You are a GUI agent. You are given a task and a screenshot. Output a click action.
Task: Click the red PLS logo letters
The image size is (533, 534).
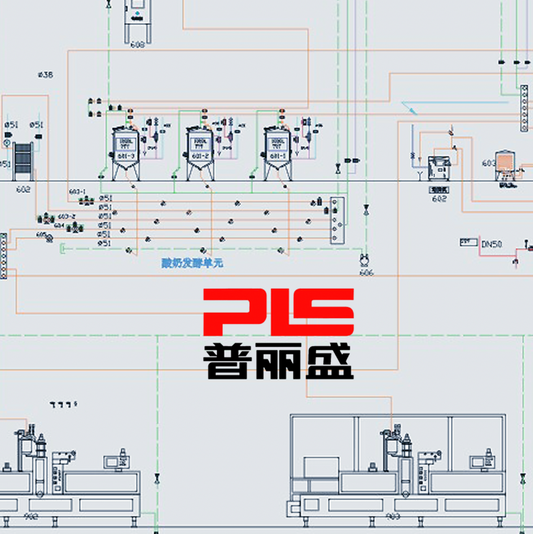278,313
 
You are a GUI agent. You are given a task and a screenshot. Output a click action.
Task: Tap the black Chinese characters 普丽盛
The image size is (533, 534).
278,361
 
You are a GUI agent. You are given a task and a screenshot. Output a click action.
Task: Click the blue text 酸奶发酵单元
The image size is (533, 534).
192,264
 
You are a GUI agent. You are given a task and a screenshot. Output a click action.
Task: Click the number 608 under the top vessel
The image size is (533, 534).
137,46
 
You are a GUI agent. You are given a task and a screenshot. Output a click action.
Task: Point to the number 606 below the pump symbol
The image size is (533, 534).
366,272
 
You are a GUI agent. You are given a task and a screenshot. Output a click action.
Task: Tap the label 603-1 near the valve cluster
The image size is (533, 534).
77,192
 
